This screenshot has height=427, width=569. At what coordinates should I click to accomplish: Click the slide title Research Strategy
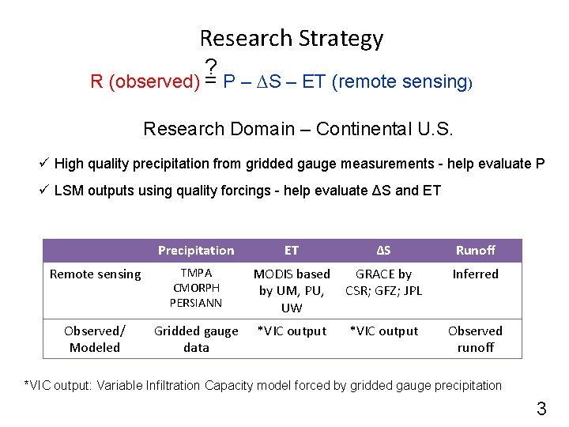[x=291, y=38]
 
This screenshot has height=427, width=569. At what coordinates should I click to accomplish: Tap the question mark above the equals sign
[x=211, y=67]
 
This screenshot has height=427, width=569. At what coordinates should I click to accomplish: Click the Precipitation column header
[x=196, y=251]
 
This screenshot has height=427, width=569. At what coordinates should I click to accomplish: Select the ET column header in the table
[x=292, y=251]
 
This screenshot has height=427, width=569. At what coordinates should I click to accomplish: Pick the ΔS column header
[x=383, y=251]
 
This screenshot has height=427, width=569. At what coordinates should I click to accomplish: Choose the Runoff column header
[x=475, y=251]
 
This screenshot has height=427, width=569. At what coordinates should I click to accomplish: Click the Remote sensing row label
[x=96, y=274]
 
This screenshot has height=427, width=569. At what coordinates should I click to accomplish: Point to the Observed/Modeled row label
[x=96, y=338]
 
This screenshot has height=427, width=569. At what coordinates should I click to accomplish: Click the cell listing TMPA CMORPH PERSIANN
[x=196, y=288]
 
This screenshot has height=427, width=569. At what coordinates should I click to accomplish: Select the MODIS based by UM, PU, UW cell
[x=292, y=290]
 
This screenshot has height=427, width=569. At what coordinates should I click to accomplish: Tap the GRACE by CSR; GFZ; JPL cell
[x=383, y=282]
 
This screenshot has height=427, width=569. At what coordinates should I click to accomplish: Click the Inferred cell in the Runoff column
[x=475, y=274]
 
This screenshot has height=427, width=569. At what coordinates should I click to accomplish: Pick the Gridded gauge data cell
[x=196, y=338]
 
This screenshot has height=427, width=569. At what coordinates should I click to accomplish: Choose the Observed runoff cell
[x=475, y=338]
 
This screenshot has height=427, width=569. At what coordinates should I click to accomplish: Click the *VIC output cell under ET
[x=292, y=331]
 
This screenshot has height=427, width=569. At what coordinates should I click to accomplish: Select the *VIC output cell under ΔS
[x=383, y=331]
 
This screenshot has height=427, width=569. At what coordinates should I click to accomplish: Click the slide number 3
[x=541, y=409]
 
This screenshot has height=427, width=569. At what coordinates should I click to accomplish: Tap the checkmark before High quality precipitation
[x=45, y=163]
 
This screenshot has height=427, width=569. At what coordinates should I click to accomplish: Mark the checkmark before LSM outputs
[x=45, y=190]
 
